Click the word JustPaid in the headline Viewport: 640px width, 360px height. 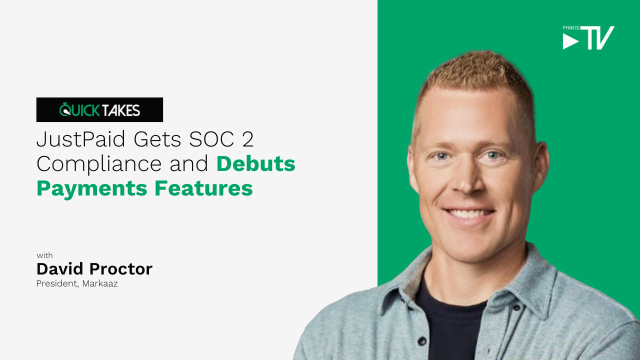coord(81,139)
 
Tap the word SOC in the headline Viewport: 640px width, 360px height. coord(211,139)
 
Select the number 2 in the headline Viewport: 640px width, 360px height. coord(247,139)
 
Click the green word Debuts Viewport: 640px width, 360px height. coord(255,163)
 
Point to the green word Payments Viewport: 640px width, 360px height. coord(91,189)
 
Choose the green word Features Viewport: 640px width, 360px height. coord(203,188)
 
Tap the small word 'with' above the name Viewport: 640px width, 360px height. coord(44,255)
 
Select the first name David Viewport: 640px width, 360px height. coord(59,269)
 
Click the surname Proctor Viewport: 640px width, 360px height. coord(121,269)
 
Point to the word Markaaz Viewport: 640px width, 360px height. coord(100,283)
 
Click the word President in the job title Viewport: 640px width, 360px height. coord(57,283)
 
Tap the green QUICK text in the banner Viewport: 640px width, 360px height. coord(79,110)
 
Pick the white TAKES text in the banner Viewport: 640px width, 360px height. coord(121,110)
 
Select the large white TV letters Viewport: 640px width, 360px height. coord(597,37)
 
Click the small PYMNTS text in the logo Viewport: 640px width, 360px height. coord(571,28)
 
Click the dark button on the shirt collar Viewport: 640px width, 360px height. coord(516,308)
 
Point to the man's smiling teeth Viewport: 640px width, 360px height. coord(469,213)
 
